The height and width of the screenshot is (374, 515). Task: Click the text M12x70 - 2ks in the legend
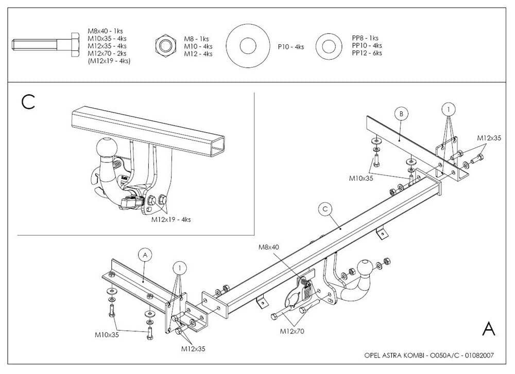[107, 54]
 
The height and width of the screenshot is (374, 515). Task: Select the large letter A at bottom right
[488, 329]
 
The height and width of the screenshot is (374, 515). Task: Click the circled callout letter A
[145, 255]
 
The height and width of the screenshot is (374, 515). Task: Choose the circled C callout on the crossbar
[324, 209]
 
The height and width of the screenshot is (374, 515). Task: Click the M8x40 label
[269, 247]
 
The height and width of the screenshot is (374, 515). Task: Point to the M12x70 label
[292, 331]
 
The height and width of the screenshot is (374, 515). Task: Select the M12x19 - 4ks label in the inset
[171, 219]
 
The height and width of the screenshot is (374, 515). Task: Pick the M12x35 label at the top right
[489, 138]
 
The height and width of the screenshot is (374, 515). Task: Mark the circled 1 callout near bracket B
[449, 109]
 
